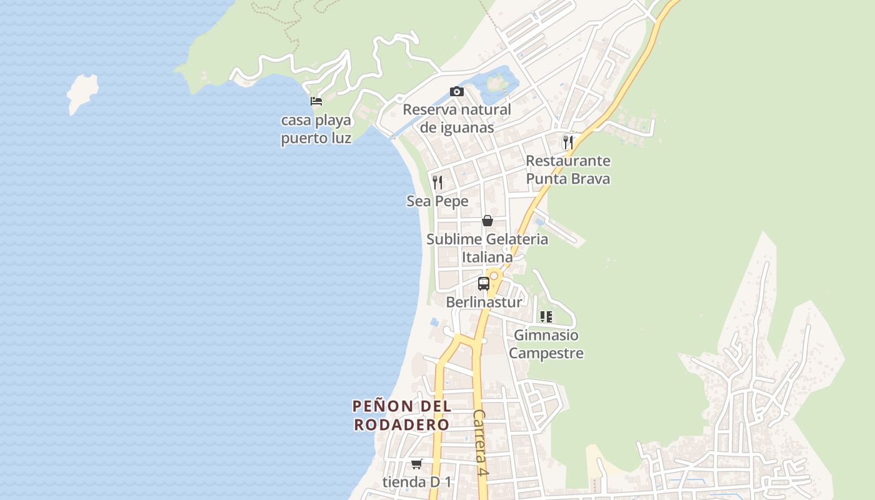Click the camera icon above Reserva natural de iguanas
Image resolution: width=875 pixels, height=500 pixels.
pos(457,92)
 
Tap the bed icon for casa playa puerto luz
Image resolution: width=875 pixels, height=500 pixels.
pos(316,101)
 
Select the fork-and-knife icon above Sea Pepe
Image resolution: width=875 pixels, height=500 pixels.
pos(437,182)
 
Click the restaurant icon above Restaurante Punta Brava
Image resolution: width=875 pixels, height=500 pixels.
pos(567,142)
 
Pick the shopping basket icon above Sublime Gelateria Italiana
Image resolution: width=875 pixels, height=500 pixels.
pos(487,221)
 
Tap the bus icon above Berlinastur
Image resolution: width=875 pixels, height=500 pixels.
pos(483,284)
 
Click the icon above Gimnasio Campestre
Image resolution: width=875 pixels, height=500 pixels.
pos(546,317)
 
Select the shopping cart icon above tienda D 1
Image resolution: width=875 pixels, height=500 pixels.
pos(417,464)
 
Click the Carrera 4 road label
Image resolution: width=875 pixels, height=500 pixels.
pos(480,443)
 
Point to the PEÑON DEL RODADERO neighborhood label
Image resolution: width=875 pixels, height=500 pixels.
pos(402,416)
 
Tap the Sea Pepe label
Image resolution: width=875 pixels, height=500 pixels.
pos(437,201)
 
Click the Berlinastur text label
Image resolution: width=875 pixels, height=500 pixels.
pos(484,302)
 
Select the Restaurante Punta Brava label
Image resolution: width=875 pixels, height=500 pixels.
pos(567,170)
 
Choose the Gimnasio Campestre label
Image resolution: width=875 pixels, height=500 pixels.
pos(546,344)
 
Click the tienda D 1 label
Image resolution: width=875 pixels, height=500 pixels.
pos(417,482)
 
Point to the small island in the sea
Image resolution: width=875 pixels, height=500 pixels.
pos(82,93)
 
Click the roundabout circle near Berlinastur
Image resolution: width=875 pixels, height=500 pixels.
pos(494,276)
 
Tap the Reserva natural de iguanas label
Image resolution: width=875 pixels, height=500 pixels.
pos(457,119)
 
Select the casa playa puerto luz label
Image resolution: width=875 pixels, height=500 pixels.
pos(316,129)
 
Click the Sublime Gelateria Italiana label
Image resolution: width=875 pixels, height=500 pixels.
pos(487,248)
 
